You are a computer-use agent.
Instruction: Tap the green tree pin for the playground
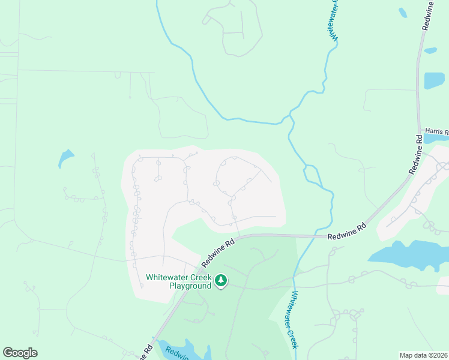coord(221,280)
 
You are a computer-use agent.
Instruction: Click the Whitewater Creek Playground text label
coord(178,281)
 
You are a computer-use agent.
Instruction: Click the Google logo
coord(20,353)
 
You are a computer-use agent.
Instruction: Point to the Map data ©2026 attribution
coord(423,355)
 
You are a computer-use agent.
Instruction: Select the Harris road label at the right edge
coord(437,130)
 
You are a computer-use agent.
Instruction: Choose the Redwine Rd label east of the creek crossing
coord(347,232)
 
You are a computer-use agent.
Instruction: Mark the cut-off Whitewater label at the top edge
coord(334,21)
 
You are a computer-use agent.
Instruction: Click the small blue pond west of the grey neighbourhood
coord(65,158)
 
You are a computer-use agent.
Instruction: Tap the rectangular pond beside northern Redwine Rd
coord(434,80)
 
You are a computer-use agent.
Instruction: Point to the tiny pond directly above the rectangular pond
coord(430,50)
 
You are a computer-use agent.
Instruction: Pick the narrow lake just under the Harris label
coord(436,139)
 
